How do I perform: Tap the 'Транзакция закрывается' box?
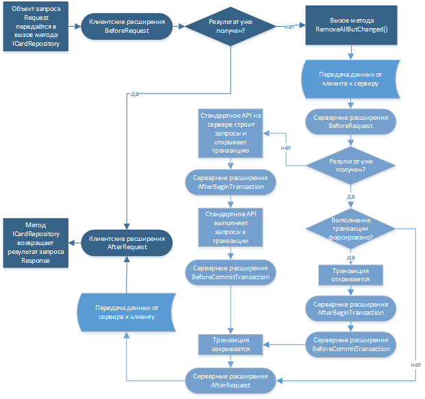[x=230, y=344]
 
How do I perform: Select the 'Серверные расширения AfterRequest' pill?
[x=230, y=381]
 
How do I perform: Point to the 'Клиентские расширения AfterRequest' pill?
[x=127, y=244]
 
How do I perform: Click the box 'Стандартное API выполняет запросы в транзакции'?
[x=230, y=227]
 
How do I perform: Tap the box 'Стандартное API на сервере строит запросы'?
[x=230, y=131]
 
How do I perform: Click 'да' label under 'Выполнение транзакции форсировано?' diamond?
[x=350, y=258]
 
